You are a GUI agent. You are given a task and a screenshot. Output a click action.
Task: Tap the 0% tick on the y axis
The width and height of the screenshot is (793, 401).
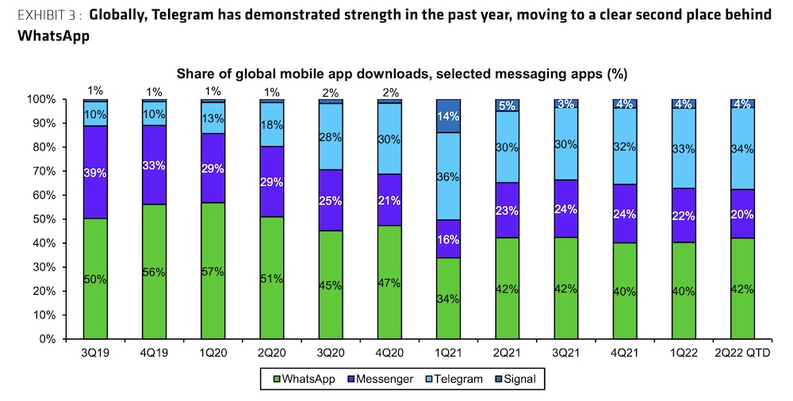pyautogui.click(x=66, y=338)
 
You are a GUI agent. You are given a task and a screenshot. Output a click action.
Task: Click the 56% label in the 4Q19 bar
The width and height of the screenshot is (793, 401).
pyautogui.click(x=153, y=272)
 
